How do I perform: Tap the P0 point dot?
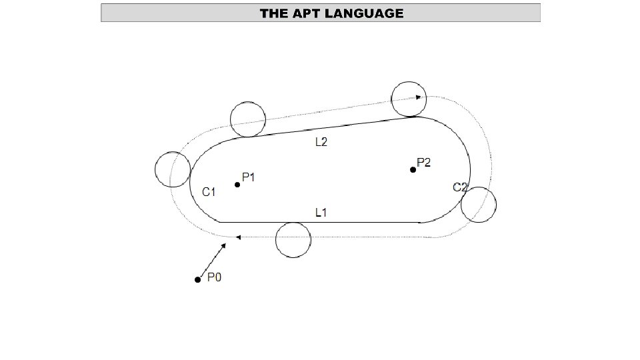coord(197,279)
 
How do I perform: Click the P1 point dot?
coord(237,185)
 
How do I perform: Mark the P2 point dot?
coord(413,170)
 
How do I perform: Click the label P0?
coord(214,277)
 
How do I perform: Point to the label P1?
coord(249,177)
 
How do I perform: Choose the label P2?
coord(424,162)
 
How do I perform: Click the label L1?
coord(321,213)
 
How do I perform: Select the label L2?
coord(321,142)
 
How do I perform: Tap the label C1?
coord(209,192)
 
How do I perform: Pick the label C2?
coord(460,187)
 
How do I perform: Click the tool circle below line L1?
coord(293,239)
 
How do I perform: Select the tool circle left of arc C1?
coord(173,169)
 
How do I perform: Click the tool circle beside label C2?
coord(479,205)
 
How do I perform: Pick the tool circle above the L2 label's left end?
coord(248,119)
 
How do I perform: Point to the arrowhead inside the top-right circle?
coord(418,97)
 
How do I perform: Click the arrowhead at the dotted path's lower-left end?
coord(238,237)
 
